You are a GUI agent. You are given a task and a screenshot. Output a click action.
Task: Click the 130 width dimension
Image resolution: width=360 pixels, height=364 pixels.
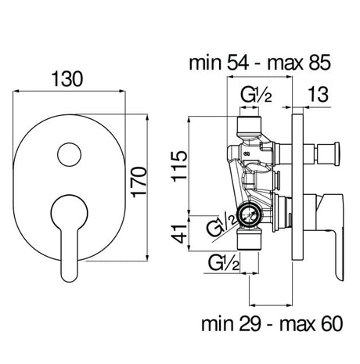[x=67, y=79]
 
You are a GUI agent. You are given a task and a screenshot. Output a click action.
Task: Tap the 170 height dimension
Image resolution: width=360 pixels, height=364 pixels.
[x=139, y=182]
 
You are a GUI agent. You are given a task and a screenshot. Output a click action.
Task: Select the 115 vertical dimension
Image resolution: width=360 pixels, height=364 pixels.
[x=179, y=165]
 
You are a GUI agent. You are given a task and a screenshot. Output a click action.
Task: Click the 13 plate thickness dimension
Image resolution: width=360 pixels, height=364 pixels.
[x=318, y=94]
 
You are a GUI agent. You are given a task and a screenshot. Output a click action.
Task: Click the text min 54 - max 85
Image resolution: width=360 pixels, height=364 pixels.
[x=260, y=63]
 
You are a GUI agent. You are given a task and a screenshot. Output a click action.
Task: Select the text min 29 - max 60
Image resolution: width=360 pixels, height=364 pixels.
[x=272, y=324]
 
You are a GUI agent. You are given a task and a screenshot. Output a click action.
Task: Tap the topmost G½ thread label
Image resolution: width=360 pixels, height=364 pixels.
[x=256, y=95]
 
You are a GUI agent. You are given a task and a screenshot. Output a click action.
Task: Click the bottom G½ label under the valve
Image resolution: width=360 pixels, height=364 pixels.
[x=224, y=263]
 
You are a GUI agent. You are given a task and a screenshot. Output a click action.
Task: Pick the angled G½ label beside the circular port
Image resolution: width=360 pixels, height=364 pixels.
[x=222, y=225]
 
